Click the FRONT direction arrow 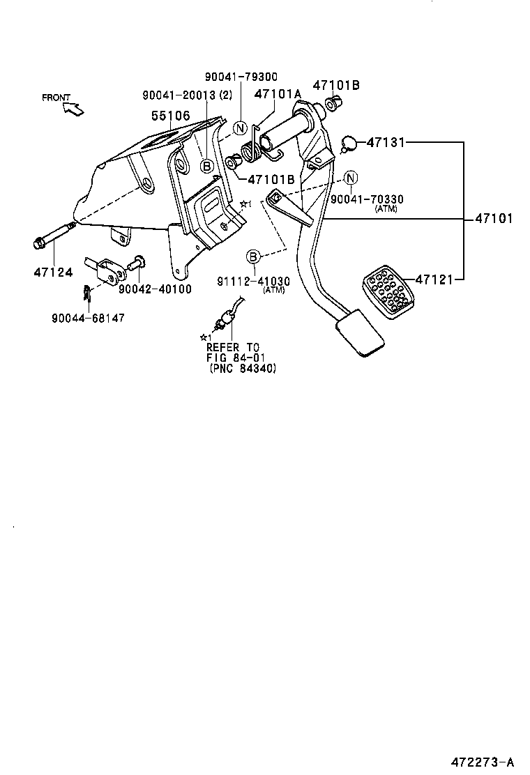73,108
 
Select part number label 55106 170,116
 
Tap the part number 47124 53,272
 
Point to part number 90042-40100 155,289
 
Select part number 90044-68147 88,318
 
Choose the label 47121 435,279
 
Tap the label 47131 386,142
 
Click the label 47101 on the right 494,218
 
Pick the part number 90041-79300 241,77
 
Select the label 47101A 278,94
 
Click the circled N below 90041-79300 240,128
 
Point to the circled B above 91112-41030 253,256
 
